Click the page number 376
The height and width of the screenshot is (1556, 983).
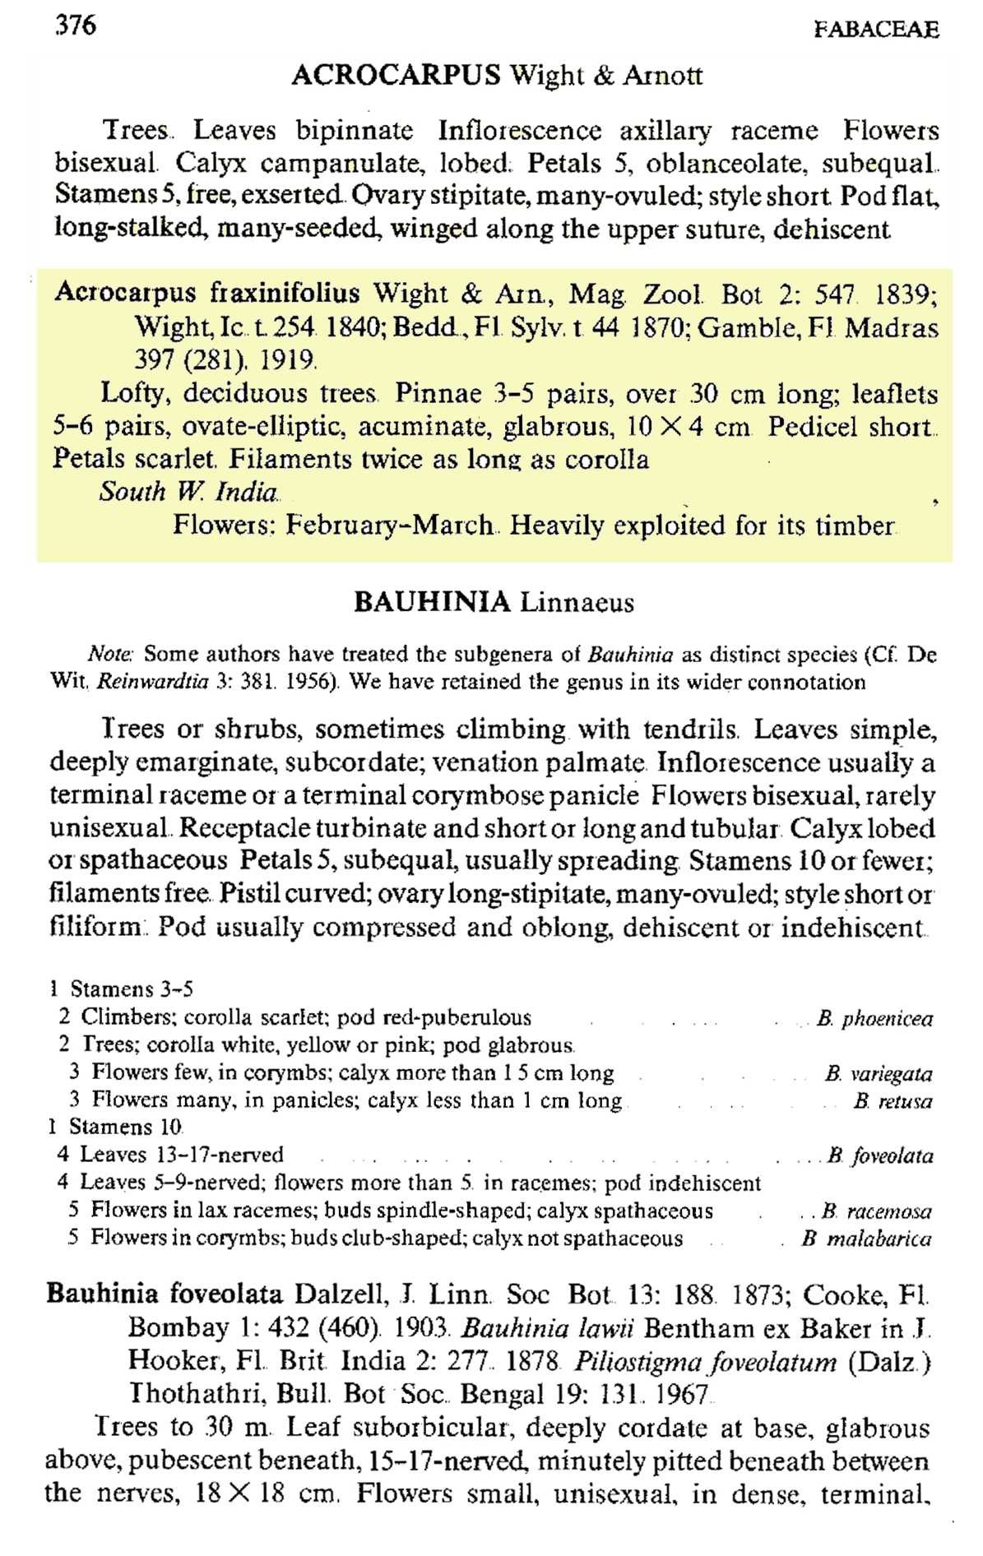coord(76,25)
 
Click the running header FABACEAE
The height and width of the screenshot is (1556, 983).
coord(875,30)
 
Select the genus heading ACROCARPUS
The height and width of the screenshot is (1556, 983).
coord(396,76)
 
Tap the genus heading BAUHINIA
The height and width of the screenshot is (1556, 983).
coord(432,603)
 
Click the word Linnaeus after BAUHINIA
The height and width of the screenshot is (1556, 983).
coord(577,603)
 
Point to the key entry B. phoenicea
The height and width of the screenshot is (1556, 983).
coord(874,1019)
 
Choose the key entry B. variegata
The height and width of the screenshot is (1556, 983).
coord(879,1074)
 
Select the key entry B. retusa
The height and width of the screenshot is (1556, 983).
coord(893,1101)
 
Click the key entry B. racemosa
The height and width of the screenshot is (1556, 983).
coord(877,1211)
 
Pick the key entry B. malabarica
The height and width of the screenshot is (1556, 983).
coord(867,1239)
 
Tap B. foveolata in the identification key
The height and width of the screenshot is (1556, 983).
coord(880,1156)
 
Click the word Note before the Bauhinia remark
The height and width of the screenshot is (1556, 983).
coord(111,655)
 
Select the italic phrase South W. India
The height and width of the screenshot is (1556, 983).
coord(188,492)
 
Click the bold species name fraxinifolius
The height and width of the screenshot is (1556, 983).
coord(285,293)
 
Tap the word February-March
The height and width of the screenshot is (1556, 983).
coord(390,526)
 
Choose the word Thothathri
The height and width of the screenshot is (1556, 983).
coord(196,1394)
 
